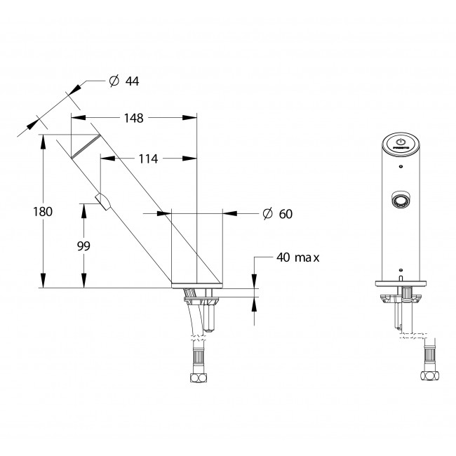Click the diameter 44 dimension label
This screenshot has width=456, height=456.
pyautogui.click(x=123, y=81)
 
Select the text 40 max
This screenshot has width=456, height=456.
pyautogui.click(x=297, y=257)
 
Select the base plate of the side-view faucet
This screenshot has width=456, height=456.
pyautogui.click(x=197, y=285)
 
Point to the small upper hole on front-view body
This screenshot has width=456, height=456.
pyautogui.click(x=400, y=167)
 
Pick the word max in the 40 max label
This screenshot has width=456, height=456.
pyautogui.click(x=307, y=257)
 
